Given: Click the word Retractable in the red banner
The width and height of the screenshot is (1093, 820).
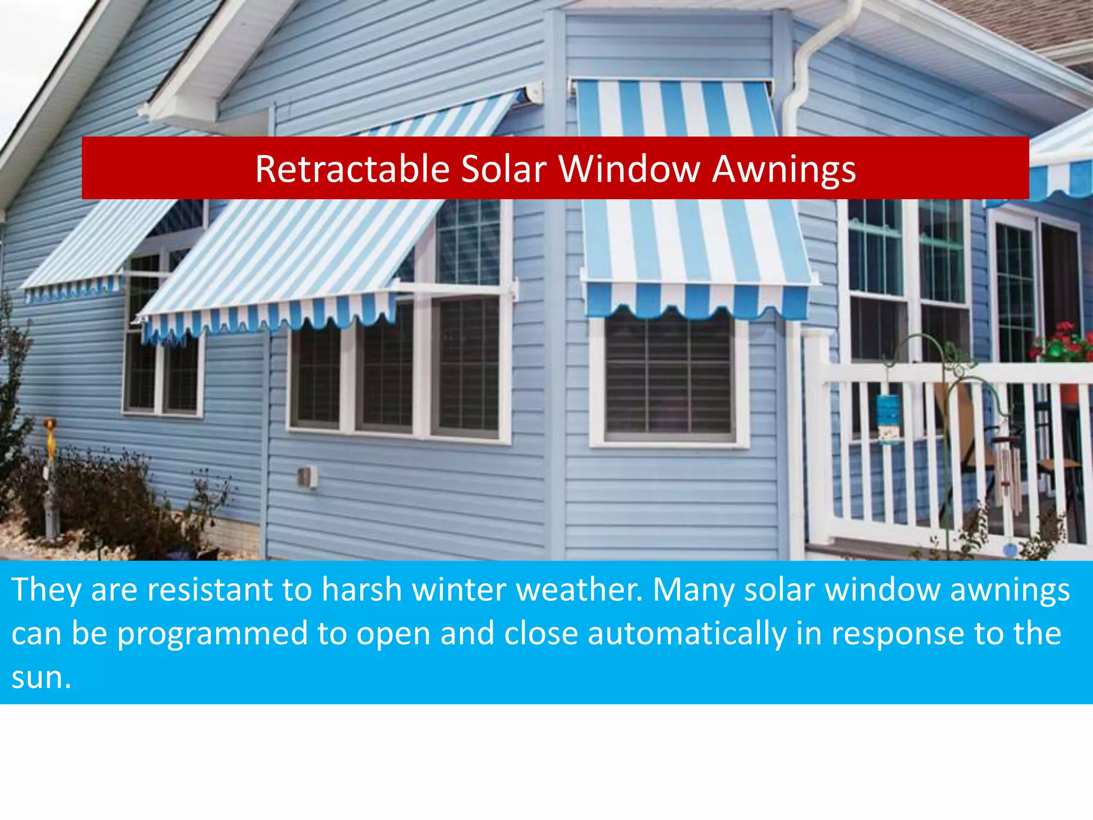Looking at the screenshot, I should [352, 169].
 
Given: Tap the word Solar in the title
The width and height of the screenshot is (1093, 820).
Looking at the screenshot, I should [504, 169].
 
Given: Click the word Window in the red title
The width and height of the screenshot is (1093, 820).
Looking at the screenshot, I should [629, 169].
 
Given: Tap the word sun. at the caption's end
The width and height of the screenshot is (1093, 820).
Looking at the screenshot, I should [42, 678].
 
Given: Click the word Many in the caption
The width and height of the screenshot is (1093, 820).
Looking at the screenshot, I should [694, 590].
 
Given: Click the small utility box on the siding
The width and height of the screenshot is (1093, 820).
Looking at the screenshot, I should [307, 477].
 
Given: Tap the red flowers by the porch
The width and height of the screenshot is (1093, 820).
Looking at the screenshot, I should [1059, 342].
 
